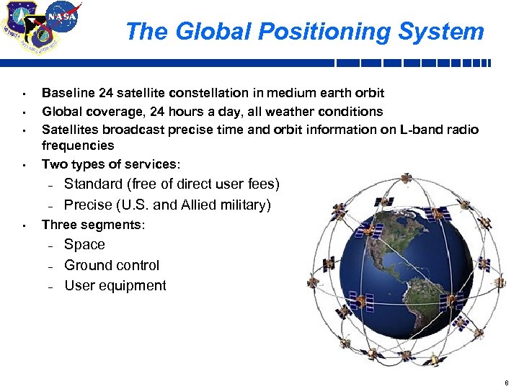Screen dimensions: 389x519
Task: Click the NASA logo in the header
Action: pos(63,16)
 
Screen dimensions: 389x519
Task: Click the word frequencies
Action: pos(78,146)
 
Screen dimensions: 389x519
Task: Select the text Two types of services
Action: pos(109,164)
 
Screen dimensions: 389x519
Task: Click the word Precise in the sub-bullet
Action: pos(88,205)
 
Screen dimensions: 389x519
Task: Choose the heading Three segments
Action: pos(93,225)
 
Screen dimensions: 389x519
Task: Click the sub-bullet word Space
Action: pos(84,245)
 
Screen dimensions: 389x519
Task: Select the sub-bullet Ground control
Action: pos(112,266)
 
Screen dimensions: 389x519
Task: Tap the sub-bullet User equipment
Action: pos(115,286)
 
